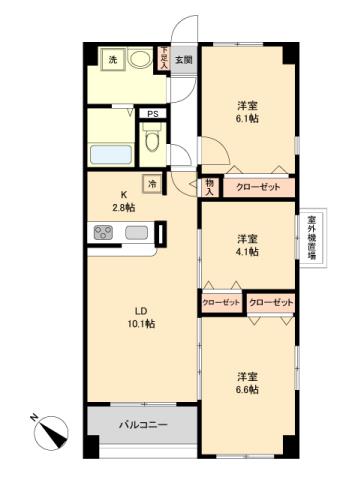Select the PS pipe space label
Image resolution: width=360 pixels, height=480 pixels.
153,114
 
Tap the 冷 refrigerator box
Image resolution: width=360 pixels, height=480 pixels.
152,182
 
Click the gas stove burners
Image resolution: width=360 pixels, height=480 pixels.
104,234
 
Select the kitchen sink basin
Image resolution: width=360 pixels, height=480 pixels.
137,234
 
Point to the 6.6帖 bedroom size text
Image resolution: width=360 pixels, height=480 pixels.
247,389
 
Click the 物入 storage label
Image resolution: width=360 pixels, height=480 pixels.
210,185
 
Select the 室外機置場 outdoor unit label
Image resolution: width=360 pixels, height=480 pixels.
311,237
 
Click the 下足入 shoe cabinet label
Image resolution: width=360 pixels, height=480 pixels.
163,56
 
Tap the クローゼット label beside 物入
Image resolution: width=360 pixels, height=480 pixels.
259,186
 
